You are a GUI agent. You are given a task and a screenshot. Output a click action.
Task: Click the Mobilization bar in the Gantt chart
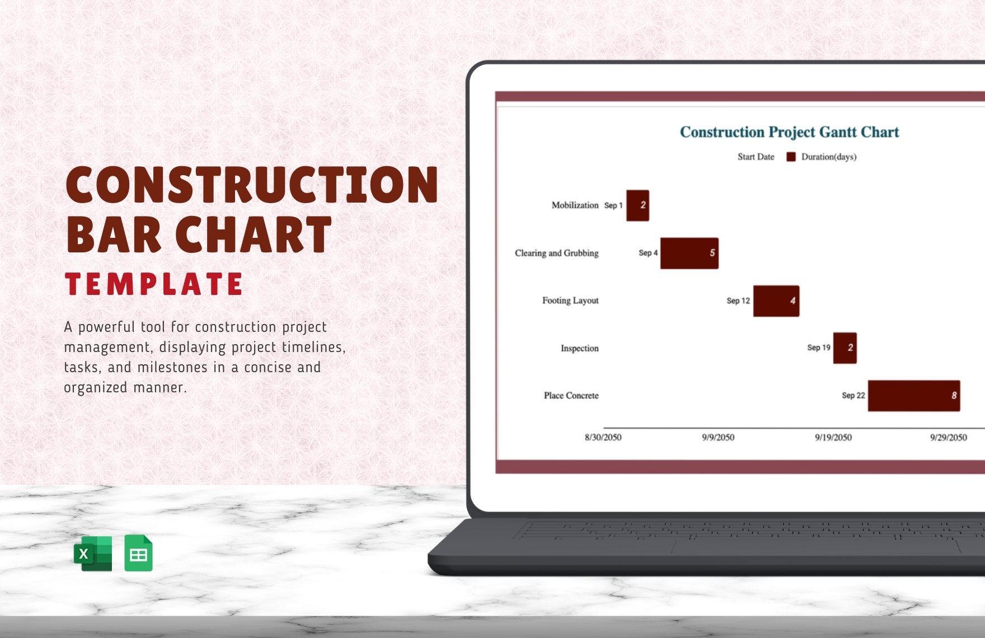pos(637,205)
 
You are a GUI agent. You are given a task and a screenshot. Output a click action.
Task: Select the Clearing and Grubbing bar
pos(689,253)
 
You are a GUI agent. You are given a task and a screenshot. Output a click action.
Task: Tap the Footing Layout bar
pos(776,301)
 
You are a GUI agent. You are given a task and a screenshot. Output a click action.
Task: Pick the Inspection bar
pos(845,348)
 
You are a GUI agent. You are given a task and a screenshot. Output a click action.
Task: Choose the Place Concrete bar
pos(913,396)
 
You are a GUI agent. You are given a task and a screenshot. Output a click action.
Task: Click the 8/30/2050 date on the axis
pos(603,438)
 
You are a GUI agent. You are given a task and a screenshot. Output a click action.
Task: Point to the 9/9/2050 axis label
pos(718,438)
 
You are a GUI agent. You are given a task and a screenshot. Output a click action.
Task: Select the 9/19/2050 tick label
pos(833,438)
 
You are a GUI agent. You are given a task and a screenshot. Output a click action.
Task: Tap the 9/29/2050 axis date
pos(948,438)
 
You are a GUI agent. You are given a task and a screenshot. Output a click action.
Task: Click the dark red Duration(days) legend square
pos(791,157)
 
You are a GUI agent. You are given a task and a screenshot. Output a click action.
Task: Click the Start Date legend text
pos(756,157)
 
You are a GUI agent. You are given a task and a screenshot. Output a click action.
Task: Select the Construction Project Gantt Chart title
pos(789,132)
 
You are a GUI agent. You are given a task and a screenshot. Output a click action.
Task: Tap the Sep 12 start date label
pos(738,301)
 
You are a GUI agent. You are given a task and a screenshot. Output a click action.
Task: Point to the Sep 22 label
pos(853,396)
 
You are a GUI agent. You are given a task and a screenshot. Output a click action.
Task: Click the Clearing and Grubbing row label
pos(556,253)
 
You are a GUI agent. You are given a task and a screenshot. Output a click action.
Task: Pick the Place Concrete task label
pos(571,396)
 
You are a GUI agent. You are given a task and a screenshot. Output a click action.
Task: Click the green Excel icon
pos(93,553)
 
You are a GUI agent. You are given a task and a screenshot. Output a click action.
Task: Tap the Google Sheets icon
pos(138,553)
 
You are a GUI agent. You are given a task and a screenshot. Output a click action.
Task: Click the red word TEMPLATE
pos(154,284)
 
